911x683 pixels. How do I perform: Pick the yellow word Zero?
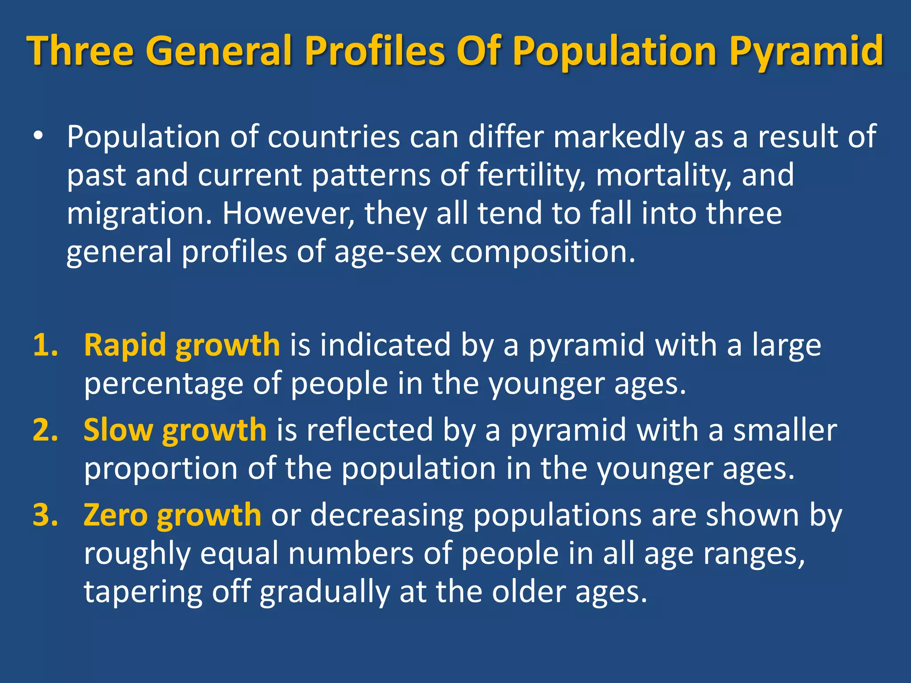116,515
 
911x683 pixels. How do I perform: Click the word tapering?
143,593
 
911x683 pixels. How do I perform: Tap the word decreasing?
387,515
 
